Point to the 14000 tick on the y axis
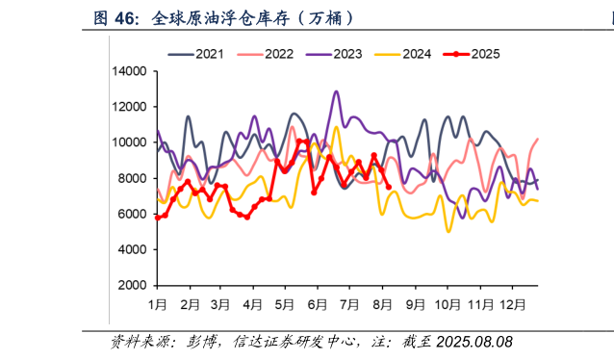(127, 71)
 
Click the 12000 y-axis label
(127, 107)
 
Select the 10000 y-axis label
(127, 142)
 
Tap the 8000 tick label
(131, 178)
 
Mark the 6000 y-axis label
(131, 214)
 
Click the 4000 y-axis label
(131, 250)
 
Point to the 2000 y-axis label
(131, 286)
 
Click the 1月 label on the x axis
(158, 304)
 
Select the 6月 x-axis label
(318, 304)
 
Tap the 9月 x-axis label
(416, 304)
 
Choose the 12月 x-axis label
(511, 304)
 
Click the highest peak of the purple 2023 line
(336, 92)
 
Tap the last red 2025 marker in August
(388, 187)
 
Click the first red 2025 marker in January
(158, 218)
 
